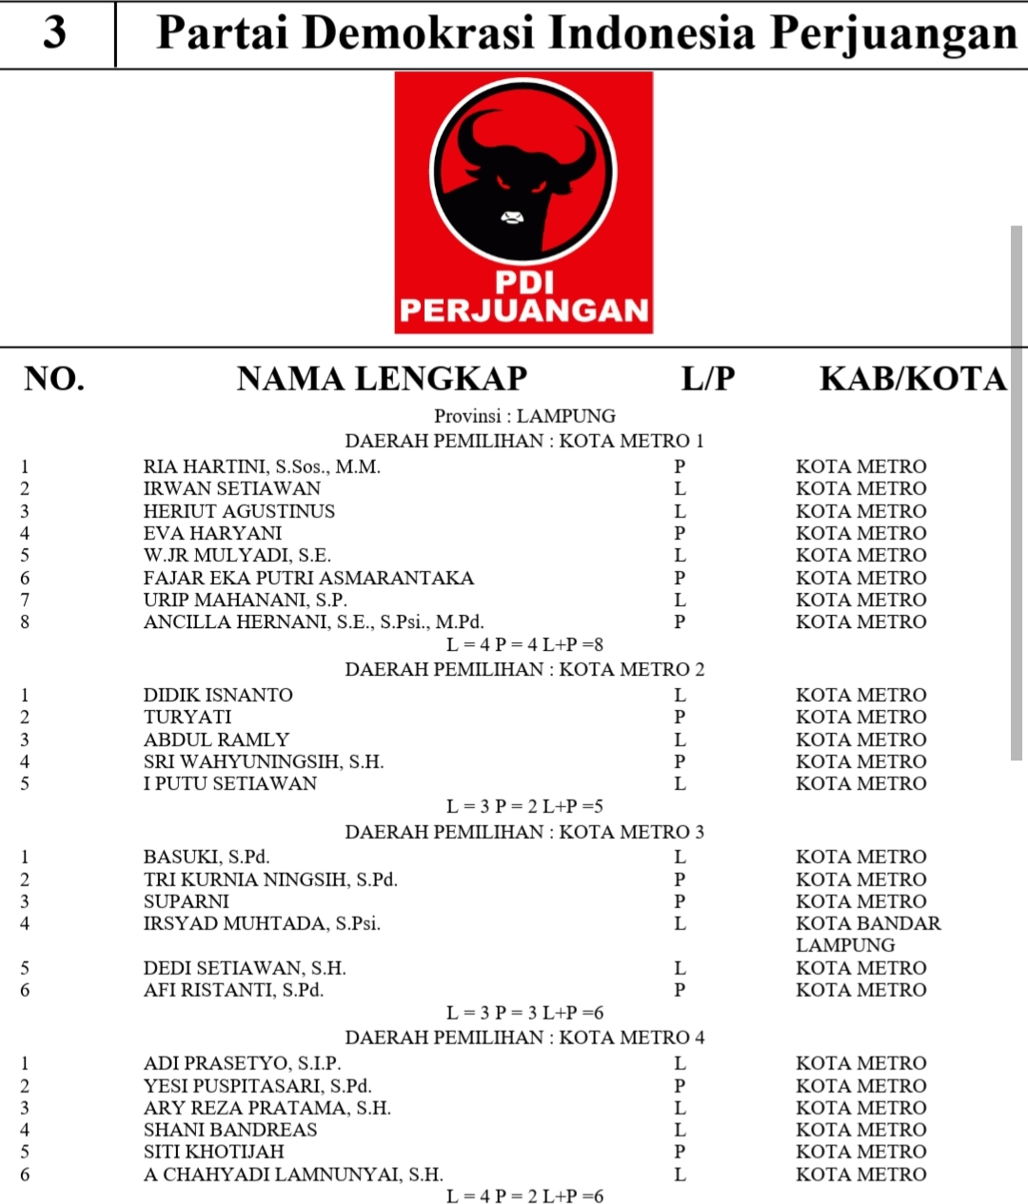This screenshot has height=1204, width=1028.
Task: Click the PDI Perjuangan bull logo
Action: tap(524, 202)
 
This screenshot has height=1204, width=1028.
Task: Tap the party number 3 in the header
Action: tap(55, 32)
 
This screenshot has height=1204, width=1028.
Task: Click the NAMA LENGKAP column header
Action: tap(382, 379)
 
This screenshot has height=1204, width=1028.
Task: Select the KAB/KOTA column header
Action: tap(912, 379)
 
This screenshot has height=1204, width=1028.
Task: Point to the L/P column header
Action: tap(707, 379)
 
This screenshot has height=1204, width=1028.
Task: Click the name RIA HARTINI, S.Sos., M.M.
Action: tap(262, 466)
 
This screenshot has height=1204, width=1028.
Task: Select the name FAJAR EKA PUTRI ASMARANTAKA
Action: tap(308, 578)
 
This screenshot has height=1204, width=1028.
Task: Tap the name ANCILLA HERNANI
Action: tap(313, 622)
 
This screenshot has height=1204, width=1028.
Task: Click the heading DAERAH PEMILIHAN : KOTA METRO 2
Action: tap(524, 669)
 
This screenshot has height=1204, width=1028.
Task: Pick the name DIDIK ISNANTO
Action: tap(218, 695)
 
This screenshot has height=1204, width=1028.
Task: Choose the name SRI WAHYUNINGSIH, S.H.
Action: tap(264, 761)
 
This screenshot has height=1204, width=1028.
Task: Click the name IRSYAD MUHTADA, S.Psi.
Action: tap(262, 923)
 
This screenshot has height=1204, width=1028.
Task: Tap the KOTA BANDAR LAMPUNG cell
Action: tap(867, 934)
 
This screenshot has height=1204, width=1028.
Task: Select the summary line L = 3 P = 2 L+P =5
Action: tap(524, 806)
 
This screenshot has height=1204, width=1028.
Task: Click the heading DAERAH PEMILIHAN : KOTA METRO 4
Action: tap(524, 1037)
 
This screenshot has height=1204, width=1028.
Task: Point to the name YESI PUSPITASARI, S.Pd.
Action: tap(257, 1086)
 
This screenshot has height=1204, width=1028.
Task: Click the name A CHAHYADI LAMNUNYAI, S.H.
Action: tap(293, 1174)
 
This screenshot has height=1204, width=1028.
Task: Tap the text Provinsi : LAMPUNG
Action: tap(524, 416)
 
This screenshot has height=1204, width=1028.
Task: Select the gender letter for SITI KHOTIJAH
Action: tap(680, 1152)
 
